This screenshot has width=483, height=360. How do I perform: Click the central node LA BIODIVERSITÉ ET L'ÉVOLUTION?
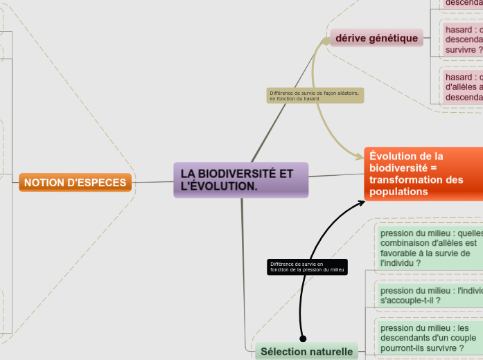click(x=240, y=180)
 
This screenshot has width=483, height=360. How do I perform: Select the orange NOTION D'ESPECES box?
click(x=76, y=183)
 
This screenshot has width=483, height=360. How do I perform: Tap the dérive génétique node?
click(x=377, y=38)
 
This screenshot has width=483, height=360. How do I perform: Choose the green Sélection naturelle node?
click(x=306, y=352)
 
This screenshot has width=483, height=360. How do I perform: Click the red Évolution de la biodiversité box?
click(x=423, y=173)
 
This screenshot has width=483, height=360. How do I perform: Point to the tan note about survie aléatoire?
click(x=315, y=96)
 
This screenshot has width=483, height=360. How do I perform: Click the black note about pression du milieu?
click(x=306, y=267)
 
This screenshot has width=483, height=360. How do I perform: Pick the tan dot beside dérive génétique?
click(x=326, y=41)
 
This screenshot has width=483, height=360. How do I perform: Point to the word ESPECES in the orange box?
click(x=104, y=183)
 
